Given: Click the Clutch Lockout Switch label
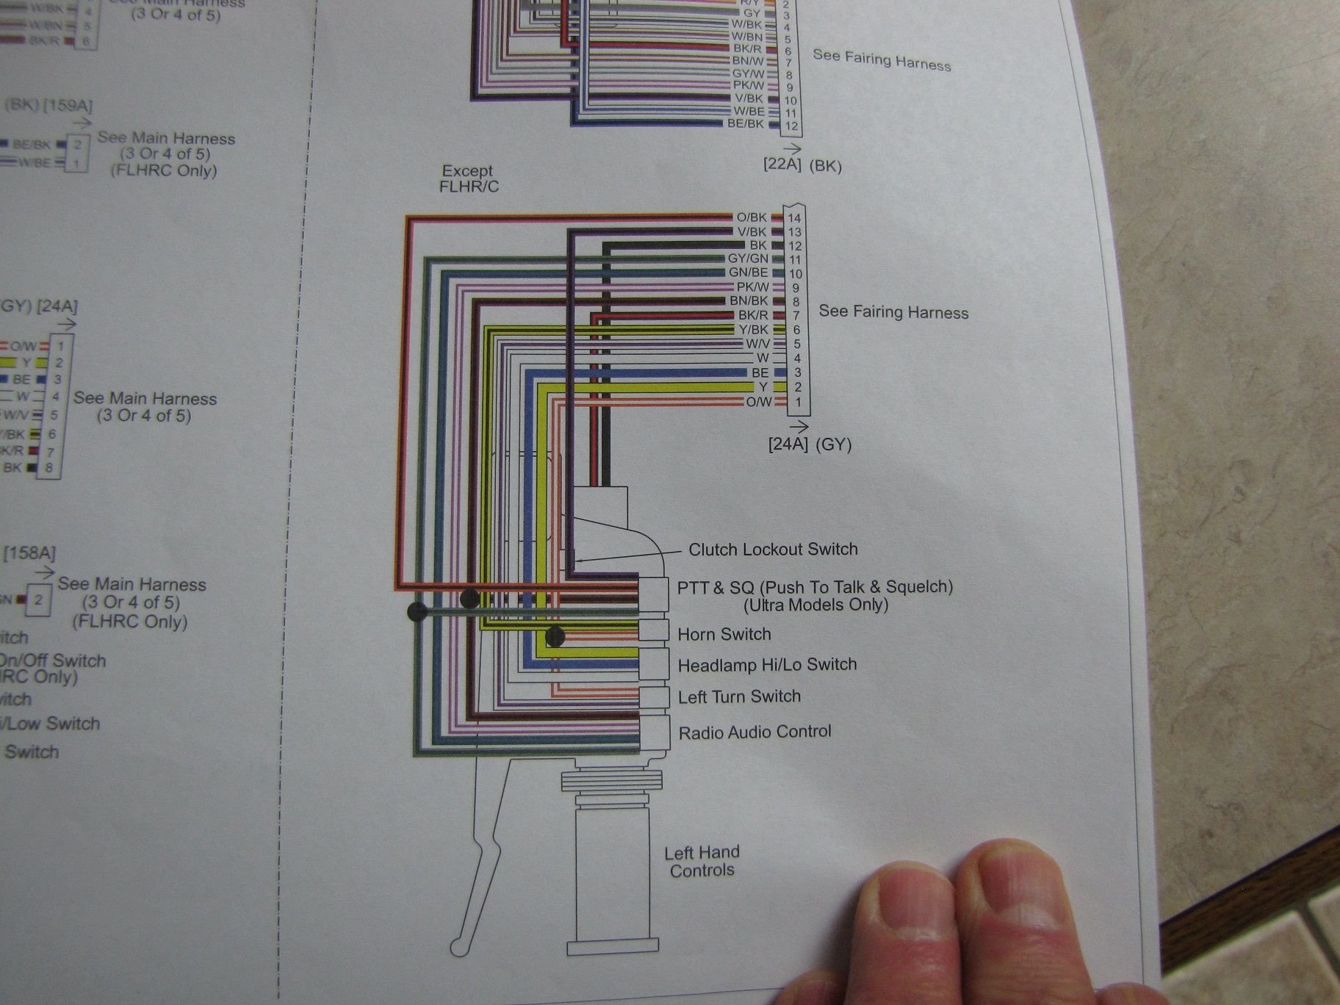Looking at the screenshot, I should pos(773,549).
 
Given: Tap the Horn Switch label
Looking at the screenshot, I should pos(724,634).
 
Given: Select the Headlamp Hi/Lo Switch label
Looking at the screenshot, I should pos(767,665).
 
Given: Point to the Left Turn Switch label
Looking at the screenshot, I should pos(739,696).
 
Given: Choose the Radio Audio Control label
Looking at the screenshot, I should pos(754,732).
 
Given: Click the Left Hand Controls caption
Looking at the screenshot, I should pos(702,861).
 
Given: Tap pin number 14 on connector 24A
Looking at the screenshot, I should pos(794,218).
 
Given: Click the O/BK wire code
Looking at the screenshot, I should pos(751,217).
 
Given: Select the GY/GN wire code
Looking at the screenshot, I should pos(748,259).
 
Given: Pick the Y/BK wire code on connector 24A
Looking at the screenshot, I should pos(753,330).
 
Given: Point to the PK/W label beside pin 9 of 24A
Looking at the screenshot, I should pos(752,287).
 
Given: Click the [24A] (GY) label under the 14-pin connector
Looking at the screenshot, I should pos(810,444).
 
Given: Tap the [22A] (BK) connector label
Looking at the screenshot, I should pos(802,165).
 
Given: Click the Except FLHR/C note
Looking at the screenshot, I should pos(469,179).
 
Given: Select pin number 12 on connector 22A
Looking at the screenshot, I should pos(791,126).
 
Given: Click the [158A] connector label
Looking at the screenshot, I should pos(29,552).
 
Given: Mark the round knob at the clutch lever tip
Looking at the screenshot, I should pos(459,947).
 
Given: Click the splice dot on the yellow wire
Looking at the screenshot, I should pos(555,637).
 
